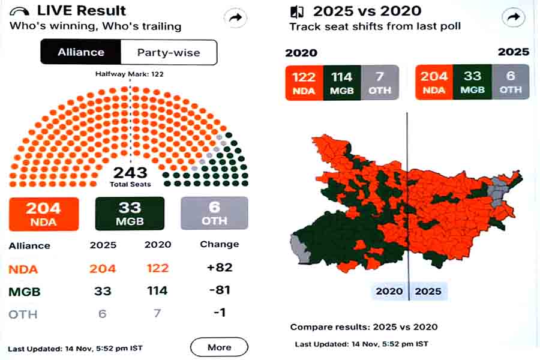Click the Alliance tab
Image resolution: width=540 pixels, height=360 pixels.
coord(80,52)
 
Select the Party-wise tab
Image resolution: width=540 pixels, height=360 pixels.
coord(168,52)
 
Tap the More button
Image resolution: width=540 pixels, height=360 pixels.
coord(219,347)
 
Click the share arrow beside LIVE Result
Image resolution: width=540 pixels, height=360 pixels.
coord(236,18)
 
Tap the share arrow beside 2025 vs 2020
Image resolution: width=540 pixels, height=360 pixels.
coord(513,18)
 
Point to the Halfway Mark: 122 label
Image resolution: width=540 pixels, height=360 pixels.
coord(130,74)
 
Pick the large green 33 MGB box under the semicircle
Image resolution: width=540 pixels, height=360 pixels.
coord(130,214)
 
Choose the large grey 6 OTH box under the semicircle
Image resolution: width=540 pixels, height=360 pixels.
coord(214,214)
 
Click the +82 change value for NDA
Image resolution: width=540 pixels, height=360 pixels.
coord(219,267)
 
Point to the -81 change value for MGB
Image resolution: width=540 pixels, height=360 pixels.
coord(219,290)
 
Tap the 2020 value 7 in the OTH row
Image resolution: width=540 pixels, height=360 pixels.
coord(158,313)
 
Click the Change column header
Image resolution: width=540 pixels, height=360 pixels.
coord(219,244)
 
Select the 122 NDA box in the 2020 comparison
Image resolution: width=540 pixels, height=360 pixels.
coord(304,82)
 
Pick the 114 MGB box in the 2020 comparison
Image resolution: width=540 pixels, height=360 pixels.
coord(342,82)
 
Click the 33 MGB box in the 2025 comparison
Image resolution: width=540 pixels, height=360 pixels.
coord(472,82)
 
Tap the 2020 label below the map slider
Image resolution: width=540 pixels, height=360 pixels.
coord(389,292)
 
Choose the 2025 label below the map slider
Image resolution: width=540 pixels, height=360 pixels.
coord(427,292)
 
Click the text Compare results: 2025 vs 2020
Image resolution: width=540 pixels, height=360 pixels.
coord(364,327)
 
